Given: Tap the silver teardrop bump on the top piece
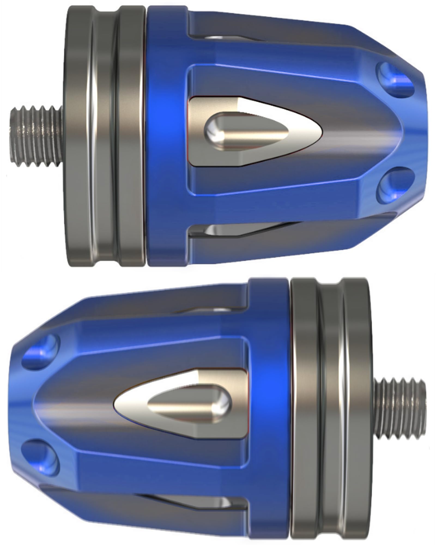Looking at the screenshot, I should click(x=245, y=131).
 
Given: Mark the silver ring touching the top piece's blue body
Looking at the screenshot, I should click(x=131, y=136).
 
